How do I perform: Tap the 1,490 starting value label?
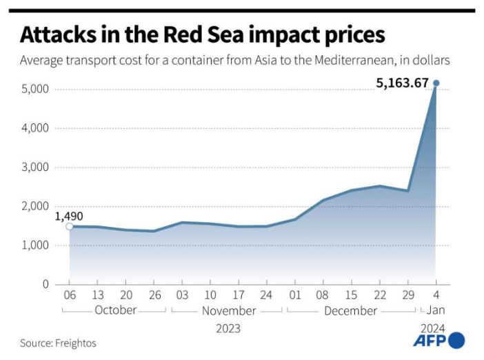(69, 216)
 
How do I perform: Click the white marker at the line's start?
(69, 226)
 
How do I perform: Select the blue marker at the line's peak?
(436, 83)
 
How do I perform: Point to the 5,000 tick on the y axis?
(34, 90)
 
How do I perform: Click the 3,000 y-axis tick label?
(34, 168)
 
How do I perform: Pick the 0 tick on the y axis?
(46, 284)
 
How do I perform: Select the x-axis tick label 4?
(436, 295)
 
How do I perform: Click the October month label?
(115, 310)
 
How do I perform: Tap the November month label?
(229, 310)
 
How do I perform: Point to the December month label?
(350, 310)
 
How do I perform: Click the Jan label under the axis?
(436, 310)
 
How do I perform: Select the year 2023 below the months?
(229, 328)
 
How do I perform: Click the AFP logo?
(438, 341)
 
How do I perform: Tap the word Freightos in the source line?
(77, 343)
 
